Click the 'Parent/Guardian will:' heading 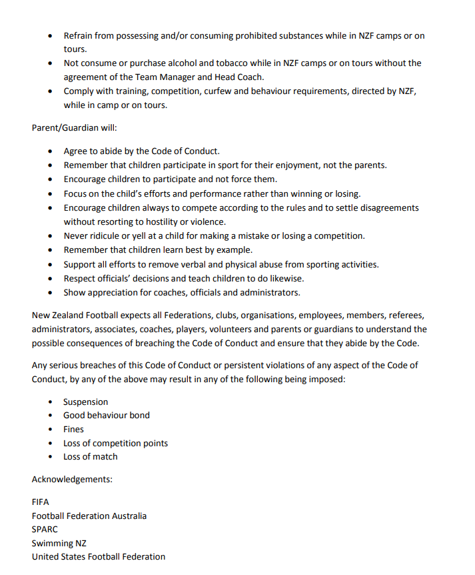click(x=74, y=128)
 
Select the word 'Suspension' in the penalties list click(x=85, y=402)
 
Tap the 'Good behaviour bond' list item click(x=107, y=415)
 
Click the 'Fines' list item click(x=74, y=429)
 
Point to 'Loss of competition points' click(x=115, y=443)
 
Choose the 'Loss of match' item click(x=91, y=456)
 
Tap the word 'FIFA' click(x=41, y=502)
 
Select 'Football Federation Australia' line click(x=89, y=516)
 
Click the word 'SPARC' click(x=45, y=529)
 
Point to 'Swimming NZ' click(x=59, y=543)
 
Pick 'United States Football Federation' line click(x=99, y=556)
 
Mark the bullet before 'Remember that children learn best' click(x=51, y=250)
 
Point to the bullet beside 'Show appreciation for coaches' click(x=51, y=293)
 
